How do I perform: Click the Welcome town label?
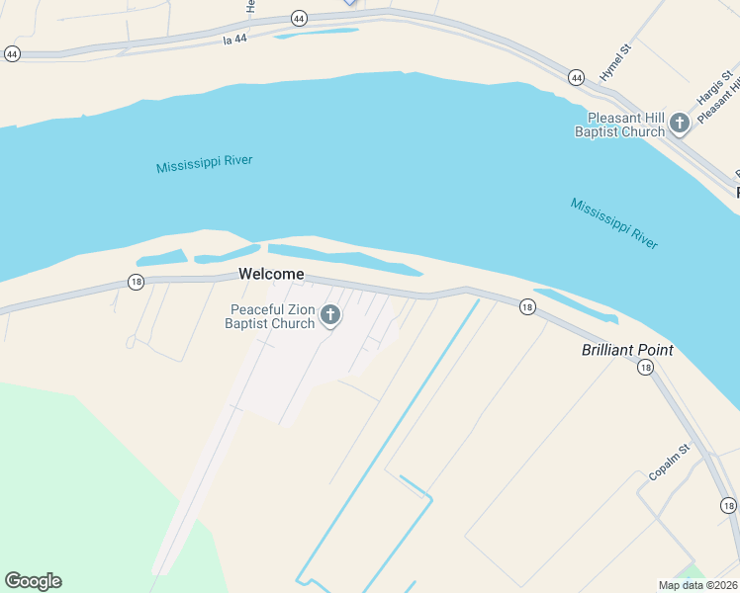click(270, 275)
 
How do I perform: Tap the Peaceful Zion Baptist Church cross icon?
click(330, 315)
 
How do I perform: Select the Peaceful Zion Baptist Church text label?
click(269, 316)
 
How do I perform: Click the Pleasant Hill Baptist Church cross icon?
click(680, 124)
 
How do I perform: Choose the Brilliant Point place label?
click(626, 350)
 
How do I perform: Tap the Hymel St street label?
click(613, 61)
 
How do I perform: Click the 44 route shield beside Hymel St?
click(576, 76)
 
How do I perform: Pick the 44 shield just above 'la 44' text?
click(299, 18)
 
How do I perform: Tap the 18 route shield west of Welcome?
click(136, 283)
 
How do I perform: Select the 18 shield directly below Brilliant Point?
click(645, 368)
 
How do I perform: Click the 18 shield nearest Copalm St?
click(729, 505)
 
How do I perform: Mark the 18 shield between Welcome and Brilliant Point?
click(527, 307)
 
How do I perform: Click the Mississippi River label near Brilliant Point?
click(613, 223)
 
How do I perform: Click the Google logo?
click(33, 581)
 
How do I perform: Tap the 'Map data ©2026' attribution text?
click(697, 585)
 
